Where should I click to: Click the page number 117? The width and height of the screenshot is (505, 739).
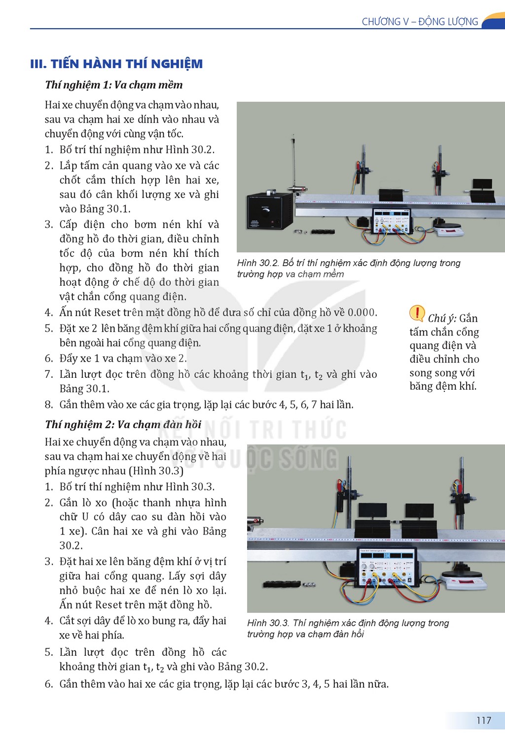pyautogui.click(x=483, y=720)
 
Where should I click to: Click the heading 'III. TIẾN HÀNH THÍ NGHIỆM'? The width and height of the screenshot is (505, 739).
pyautogui.click(x=116, y=64)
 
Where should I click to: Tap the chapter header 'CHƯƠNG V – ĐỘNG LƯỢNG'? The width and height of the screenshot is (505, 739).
pyautogui.click(x=420, y=22)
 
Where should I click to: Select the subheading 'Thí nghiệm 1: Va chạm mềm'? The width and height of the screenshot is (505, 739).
pyautogui.click(x=114, y=85)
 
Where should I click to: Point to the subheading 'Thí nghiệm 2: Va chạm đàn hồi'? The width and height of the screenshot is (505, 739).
pyautogui.click(x=123, y=424)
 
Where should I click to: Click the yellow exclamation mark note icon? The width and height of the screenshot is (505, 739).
pyautogui.click(x=417, y=313)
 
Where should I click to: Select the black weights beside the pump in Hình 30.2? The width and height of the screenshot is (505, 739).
pyautogui.click(x=323, y=232)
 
